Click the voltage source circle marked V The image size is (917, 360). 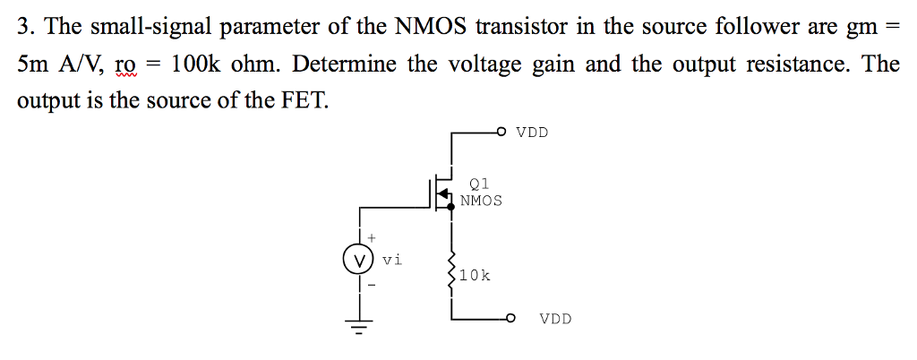pyautogui.click(x=360, y=261)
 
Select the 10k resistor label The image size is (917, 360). pyautogui.click(x=475, y=276)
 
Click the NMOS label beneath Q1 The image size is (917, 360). pyautogui.click(x=482, y=201)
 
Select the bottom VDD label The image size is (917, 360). pyautogui.click(x=555, y=318)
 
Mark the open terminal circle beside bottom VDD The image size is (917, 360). pyautogui.click(x=510, y=318)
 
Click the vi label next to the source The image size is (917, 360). pyautogui.click(x=392, y=260)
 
